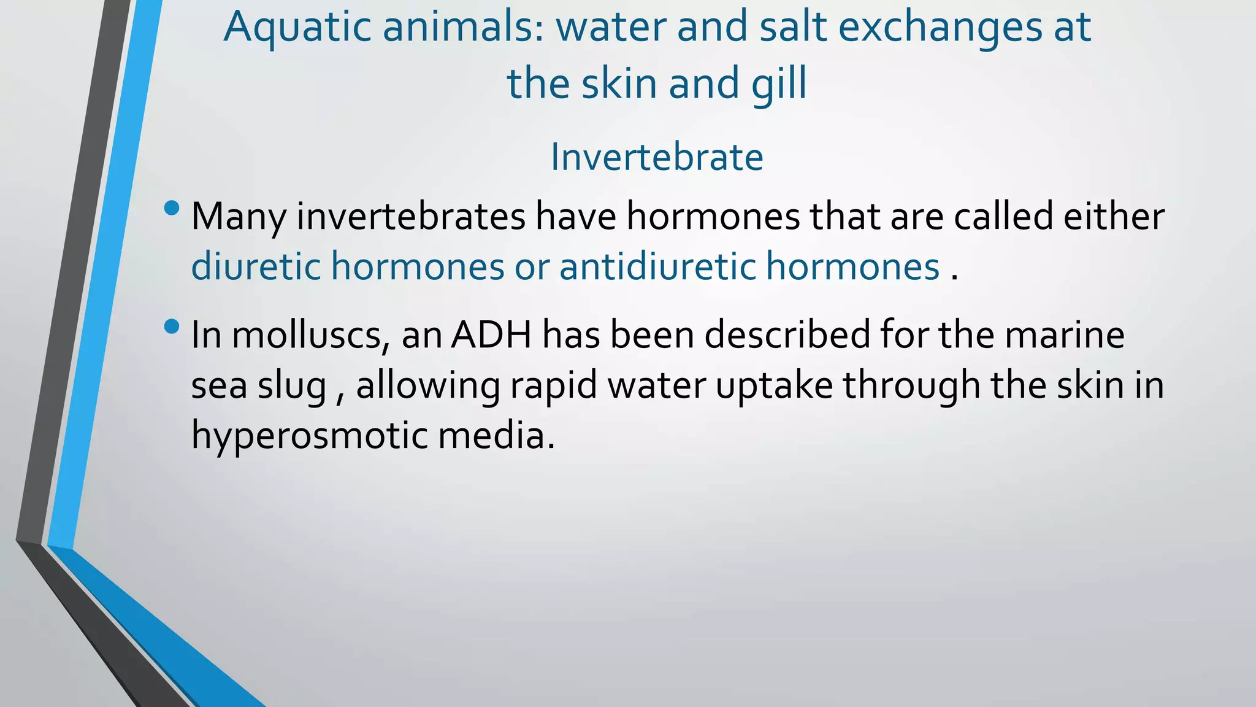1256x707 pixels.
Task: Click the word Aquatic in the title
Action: coord(297,28)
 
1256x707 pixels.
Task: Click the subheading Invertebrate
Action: coord(657,157)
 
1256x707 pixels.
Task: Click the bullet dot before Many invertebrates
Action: coord(172,209)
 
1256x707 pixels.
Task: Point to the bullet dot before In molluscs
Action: coord(172,326)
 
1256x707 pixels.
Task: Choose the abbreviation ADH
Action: coord(491,335)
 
